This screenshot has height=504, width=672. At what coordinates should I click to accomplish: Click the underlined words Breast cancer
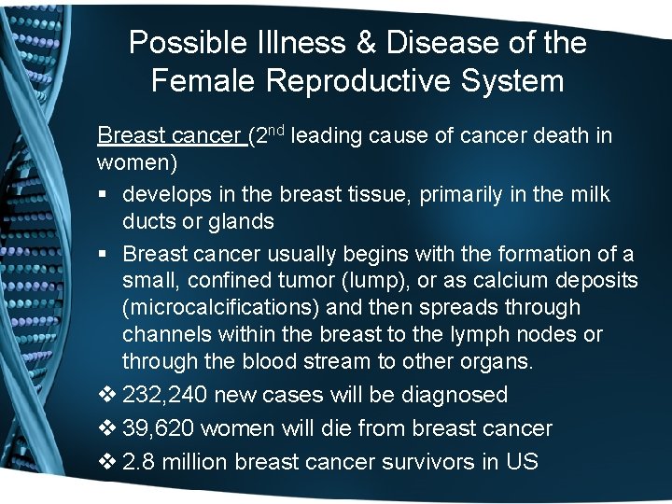click(x=170, y=136)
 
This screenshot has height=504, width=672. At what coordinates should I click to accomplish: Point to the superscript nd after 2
click(x=276, y=130)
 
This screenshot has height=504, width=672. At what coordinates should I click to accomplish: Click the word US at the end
click(x=522, y=462)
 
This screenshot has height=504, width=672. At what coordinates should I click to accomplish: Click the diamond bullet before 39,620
click(x=105, y=428)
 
